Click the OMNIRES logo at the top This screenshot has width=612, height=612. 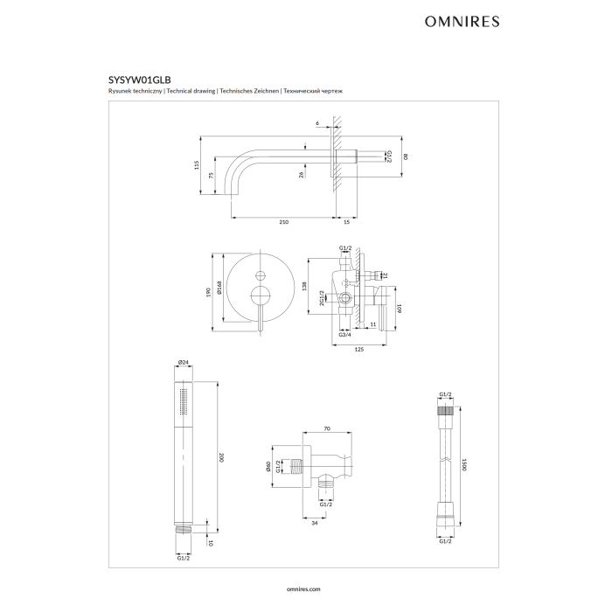(x=462, y=22)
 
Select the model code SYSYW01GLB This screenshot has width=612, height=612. (x=140, y=80)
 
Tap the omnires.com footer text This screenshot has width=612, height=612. (x=303, y=589)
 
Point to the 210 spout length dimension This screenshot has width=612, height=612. (x=284, y=222)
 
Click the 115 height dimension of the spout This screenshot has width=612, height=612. (x=197, y=164)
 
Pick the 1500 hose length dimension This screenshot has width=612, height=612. (x=464, y=464)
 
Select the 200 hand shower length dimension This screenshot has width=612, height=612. (x=222, y=457)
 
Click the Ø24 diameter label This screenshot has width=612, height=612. (x=183, y=362)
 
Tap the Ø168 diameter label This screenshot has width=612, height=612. (x=219, y=288)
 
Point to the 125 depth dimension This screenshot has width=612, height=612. (x=359, y=350)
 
